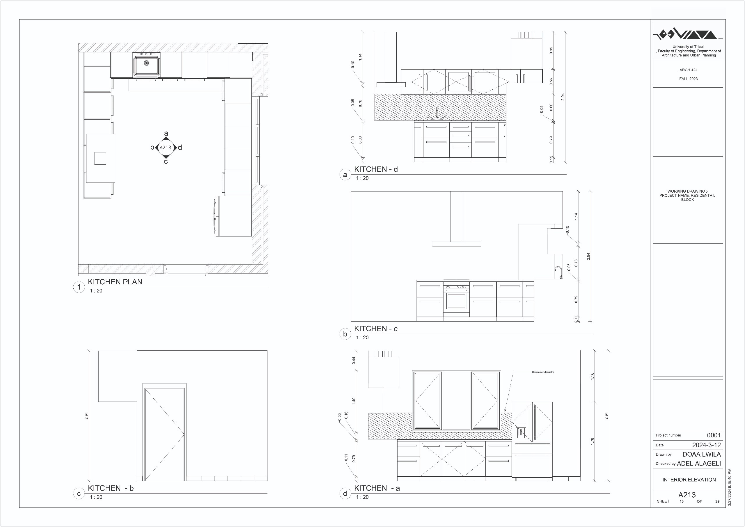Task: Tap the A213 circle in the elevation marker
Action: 165,148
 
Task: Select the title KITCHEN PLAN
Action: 115,282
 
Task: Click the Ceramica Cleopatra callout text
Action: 543,372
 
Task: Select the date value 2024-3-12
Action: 706,445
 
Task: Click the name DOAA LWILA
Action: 702,454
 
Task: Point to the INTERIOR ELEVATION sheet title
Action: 689,480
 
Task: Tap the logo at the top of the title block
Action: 688,34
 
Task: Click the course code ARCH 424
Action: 688,70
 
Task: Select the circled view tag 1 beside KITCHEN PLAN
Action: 79,287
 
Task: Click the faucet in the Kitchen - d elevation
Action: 437,113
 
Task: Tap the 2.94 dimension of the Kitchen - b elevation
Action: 86,416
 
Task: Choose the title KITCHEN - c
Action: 376,329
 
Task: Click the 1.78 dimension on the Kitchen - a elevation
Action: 592,441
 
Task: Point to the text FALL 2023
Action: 688,79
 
